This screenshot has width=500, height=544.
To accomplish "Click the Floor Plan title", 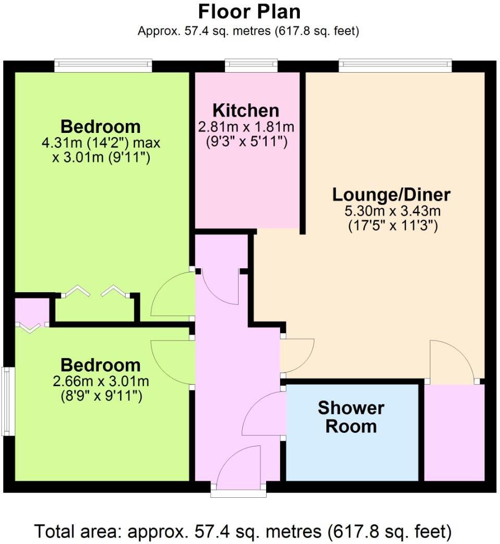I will (249, 11).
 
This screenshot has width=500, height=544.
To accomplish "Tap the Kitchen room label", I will (246, 111).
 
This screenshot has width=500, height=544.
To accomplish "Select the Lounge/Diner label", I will (391, 195).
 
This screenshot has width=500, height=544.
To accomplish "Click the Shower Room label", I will (351, 417).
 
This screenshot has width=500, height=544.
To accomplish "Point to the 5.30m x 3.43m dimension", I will (391, 211).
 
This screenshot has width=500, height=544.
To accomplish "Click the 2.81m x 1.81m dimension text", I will (246, 127).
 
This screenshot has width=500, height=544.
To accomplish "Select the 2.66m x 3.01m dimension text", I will (101, 382).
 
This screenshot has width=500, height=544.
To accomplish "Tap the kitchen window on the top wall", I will (251, 65).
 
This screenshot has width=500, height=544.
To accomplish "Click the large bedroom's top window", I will (103, 65).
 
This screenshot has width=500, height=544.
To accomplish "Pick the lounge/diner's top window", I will (395, 65).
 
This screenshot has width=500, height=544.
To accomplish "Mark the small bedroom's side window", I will (7, 401).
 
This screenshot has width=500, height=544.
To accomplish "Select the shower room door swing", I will (264, 414).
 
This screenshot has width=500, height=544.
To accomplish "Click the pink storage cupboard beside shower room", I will (454, 432).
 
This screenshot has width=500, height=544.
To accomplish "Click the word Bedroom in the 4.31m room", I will (101, 126).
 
